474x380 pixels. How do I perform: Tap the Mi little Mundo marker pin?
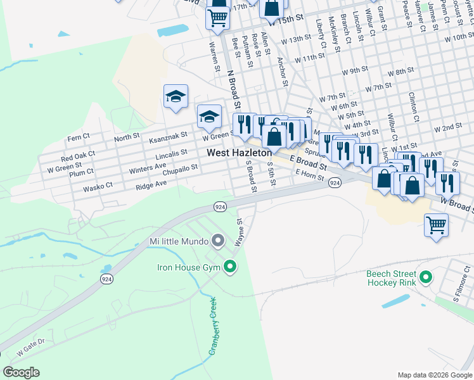(218, 241)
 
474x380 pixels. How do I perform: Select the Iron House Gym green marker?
(231, 268)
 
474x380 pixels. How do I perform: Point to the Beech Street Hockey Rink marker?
(426, 277)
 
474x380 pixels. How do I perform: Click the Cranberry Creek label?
(213, 326)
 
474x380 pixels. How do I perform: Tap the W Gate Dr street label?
(31, 346)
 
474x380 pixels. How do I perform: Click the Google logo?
(21, 372)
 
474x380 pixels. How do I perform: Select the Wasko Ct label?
(97, 186)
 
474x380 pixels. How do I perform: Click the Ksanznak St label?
(168, 136)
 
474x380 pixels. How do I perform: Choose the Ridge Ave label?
(151, 184)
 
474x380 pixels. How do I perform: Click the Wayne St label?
(240, 232)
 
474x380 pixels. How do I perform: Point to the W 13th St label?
(297, 39)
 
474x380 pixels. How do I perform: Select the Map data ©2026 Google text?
(434, 375)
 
